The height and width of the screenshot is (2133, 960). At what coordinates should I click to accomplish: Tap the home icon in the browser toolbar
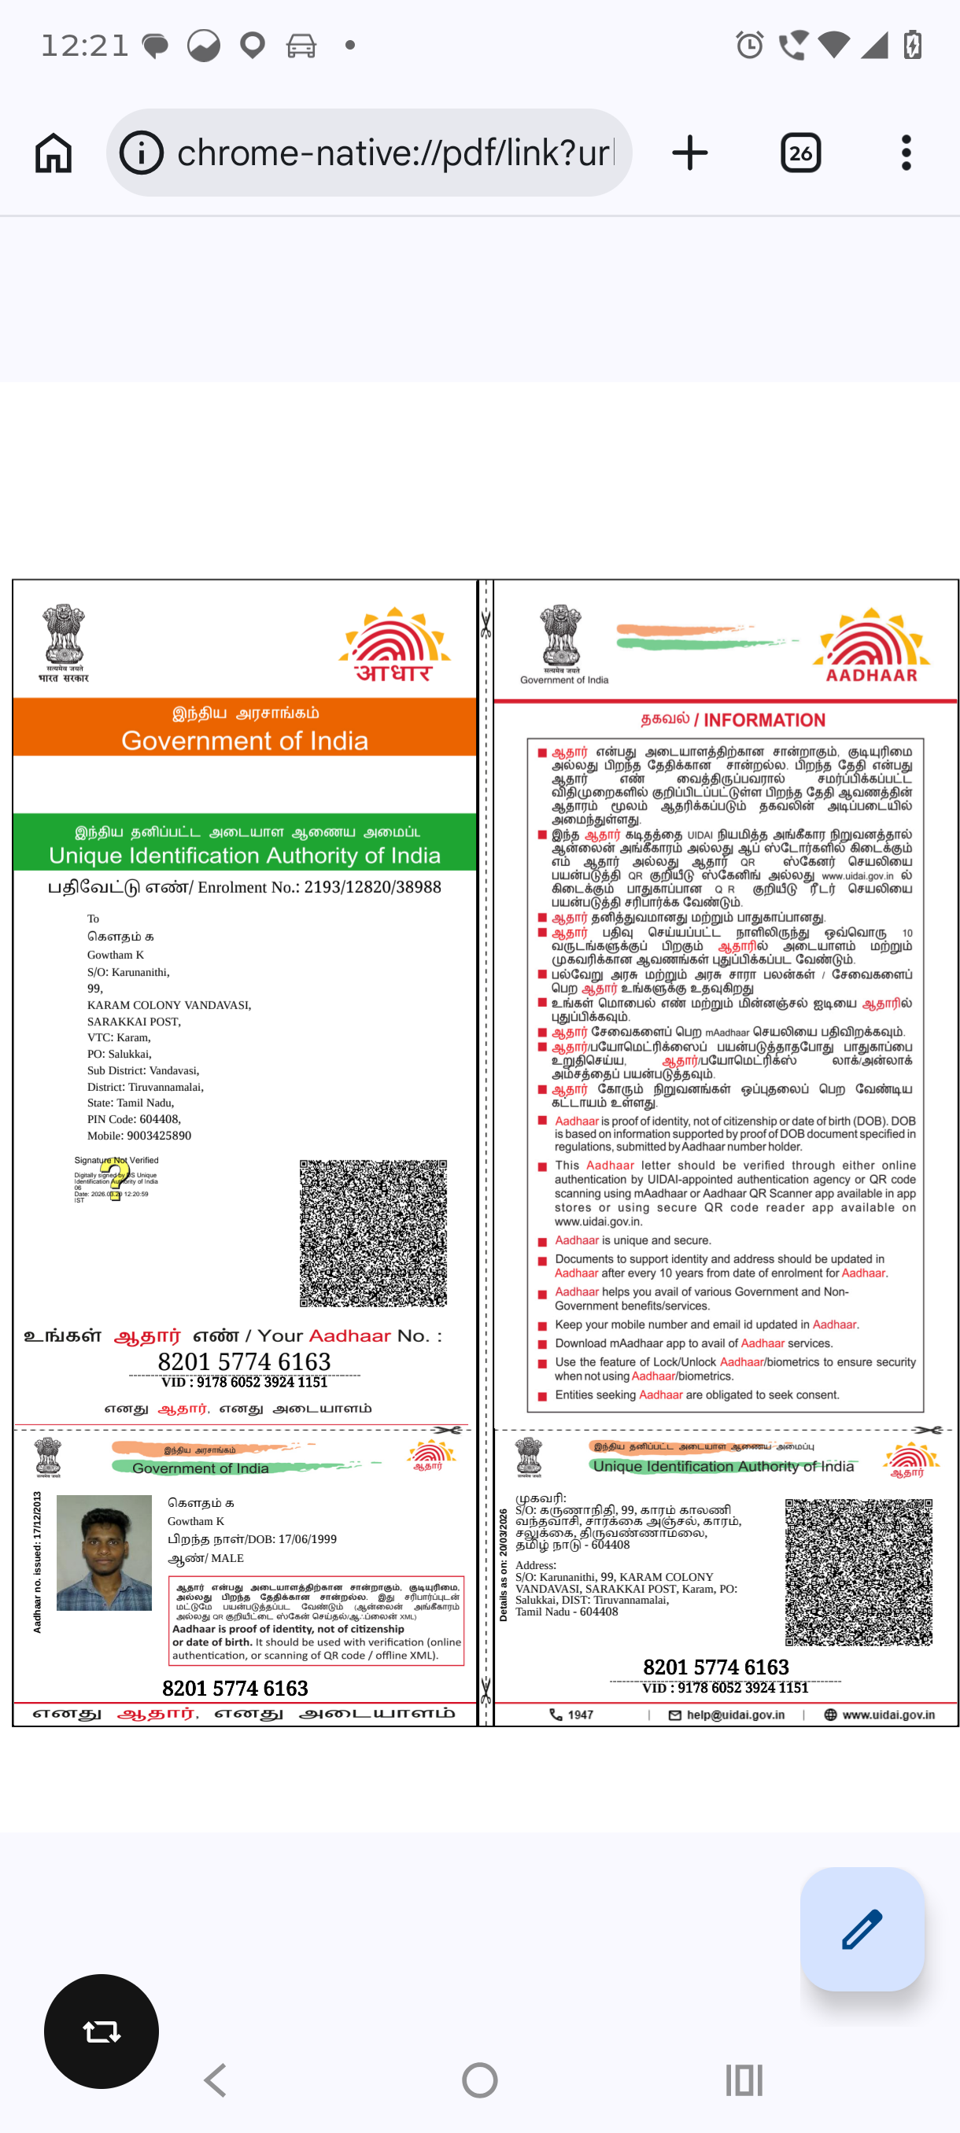(54, 153)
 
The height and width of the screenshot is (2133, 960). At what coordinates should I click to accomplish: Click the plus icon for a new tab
(689, 153)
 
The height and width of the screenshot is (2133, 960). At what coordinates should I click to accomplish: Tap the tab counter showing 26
(800, 153)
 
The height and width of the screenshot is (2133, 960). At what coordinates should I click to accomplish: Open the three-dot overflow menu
(906, 153)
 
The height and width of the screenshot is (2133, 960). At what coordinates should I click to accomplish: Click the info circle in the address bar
(142, 153)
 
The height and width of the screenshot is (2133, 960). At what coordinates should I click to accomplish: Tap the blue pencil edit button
(862, 1929)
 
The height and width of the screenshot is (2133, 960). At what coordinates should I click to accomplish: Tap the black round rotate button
(101, 2032)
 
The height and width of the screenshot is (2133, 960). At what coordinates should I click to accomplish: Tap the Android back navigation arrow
(216, 2080)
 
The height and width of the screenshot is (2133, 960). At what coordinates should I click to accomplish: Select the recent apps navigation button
(743, 2080)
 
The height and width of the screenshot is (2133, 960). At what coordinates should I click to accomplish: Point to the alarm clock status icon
(750, 45)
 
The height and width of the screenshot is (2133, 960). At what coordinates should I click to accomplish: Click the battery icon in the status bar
(913, 45)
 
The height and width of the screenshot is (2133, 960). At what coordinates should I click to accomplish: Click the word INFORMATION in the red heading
(764, 720)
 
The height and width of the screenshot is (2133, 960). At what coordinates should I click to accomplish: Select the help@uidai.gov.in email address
(735, 1715)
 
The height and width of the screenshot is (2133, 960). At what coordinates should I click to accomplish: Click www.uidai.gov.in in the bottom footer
(888, 1715)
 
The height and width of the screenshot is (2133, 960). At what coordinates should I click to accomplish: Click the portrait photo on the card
(105, 1553)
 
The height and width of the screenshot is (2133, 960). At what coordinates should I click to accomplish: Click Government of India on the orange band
(245, 740)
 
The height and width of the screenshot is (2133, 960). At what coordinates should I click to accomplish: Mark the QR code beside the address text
(858, 1571)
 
